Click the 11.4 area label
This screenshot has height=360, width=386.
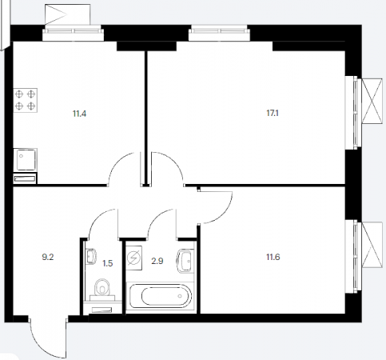pyautogui.click(x=79, y=114)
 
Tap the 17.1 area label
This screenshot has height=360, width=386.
pyautogui.click(x=273, y=113)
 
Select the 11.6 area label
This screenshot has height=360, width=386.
pyautogui.click(x=273, y=257)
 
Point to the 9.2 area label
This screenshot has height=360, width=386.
pyautogui.click(x=48, y=257)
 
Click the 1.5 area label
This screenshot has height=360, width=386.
pyautogui.click(x=108, y=263)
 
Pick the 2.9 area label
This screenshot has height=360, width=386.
pyautogui.click(x=157, y=261)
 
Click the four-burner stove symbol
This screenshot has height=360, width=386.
pyautogui.click(x=26, y=100)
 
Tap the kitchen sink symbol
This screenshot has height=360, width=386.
pyautogui.click(x=26, y=159)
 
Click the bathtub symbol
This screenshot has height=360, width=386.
pyautogui.click(x=160, y=296)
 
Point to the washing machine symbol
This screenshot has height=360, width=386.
pyautogui.click(x=133, y=258)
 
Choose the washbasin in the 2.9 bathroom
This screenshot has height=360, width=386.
pyautogui.click(x=185, y=261)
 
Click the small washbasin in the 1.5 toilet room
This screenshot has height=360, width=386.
pyautogui.click(x=91, y=257)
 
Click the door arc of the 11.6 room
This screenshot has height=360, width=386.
pyautogui.click(x=225, y=214)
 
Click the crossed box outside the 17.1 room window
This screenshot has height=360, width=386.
pyautogui.click(x=372, y=101)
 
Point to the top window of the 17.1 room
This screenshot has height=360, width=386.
pyautogui.click(x=219, y=33)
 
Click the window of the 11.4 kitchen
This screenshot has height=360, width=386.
pyautogui.click(x=73, y=33)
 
